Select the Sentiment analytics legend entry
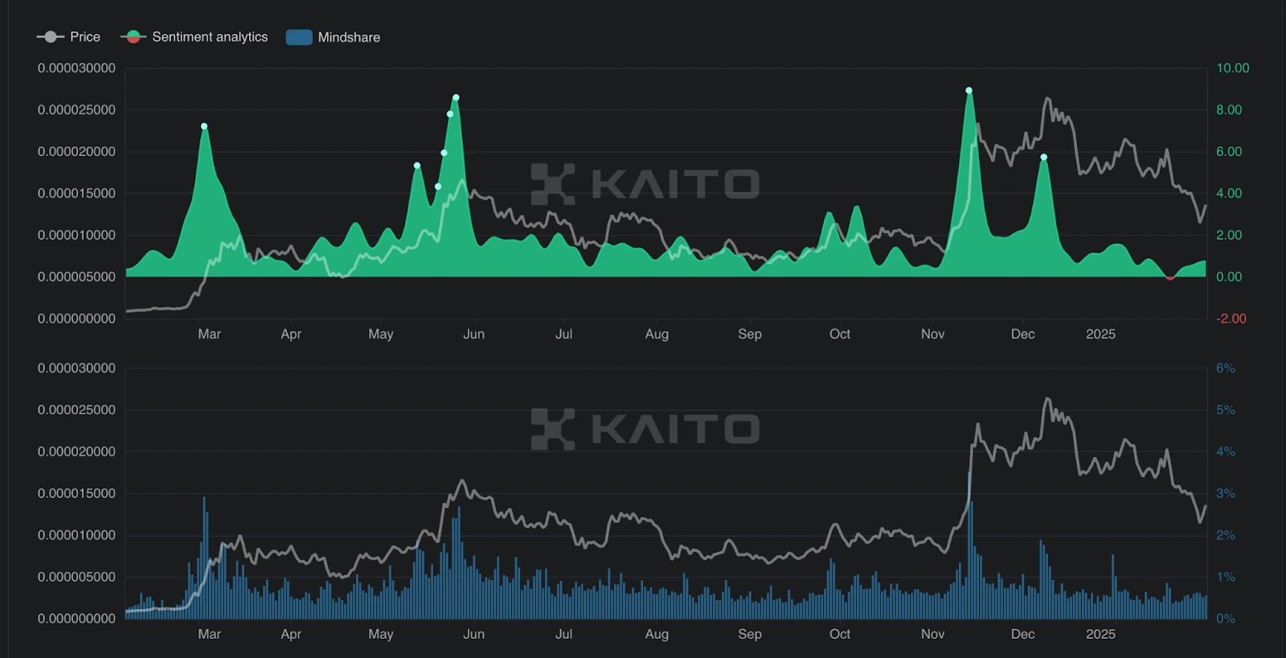point(195,37)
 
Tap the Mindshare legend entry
point(334,37)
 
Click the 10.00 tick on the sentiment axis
point(1232,68)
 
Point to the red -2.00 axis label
point(1231,319)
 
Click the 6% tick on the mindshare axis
point(1225,368)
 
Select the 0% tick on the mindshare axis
point(1225,619)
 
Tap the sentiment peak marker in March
point(204,126)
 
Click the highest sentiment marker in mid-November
point(969,91)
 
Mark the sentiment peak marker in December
point(1044,158)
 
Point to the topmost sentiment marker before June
point(456,97)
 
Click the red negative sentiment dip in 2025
point(1169,278)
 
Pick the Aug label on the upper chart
point(657,334)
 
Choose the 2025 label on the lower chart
point(1100,634)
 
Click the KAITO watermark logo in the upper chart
point(553,183)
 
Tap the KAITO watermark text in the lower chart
point(675,429)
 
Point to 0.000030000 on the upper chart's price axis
point(76,68)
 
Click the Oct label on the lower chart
point(839,634)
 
